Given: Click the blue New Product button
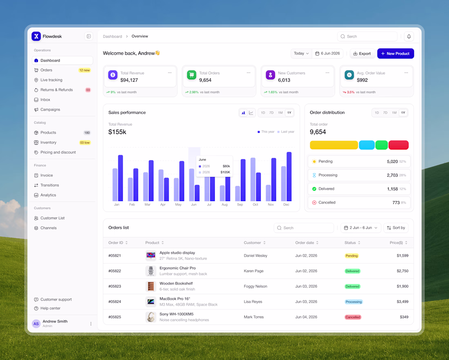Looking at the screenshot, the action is (396, 54).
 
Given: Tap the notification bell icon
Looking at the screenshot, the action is (409, 36).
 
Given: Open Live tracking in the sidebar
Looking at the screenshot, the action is (51, 80).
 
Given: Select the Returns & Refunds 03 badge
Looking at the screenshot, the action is (88, 90).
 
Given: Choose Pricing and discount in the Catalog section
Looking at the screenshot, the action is (58, 152).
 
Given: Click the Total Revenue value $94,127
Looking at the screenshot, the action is (129, 80).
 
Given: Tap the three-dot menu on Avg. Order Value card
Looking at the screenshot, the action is (406, 73).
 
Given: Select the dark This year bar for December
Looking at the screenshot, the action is (289, 177).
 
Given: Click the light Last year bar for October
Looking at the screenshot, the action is (253, 179).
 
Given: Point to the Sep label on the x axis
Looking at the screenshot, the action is (240, 205).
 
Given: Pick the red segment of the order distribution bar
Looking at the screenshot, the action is (398, 145).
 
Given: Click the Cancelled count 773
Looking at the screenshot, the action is (396, 203).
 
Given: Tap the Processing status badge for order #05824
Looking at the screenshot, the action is (353, 302).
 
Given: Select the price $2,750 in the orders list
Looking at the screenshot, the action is (402, 271).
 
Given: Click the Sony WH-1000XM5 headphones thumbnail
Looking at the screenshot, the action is (151, 317).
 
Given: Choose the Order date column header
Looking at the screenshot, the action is (307, 243).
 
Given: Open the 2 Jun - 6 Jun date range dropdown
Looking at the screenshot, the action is (361, 228).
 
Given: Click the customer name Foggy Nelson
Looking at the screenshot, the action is (256, 286).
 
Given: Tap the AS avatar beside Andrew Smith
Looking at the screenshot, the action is (36, 324).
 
